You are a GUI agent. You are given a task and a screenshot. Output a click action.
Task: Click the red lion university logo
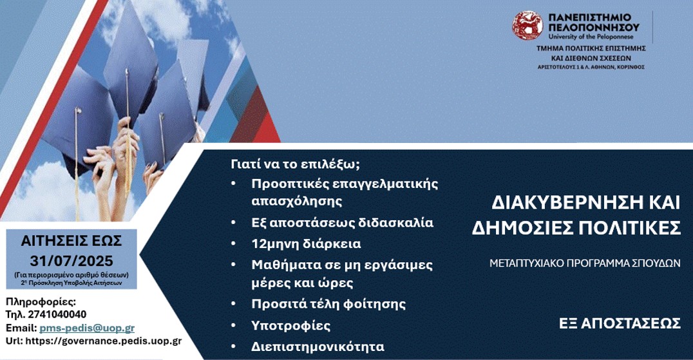[x=527, y=26]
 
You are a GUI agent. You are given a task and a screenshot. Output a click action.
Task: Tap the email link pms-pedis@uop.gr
[x=87, y=328]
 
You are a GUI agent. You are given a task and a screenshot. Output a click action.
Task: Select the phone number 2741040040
[x=57, y=314]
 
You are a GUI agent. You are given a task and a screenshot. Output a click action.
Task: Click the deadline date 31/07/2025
[x=71, y=261]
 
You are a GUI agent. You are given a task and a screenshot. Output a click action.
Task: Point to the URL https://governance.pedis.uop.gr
[x=104, y=341]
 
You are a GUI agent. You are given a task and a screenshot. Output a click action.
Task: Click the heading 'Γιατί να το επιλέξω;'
[x=295, y=164]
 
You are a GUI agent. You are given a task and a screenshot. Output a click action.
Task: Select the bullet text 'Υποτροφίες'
[x=291, y=326]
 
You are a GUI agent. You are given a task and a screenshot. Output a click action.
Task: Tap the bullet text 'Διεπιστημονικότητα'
[x=318, y=346]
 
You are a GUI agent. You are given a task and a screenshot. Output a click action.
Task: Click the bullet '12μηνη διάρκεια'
[x=306, y=244]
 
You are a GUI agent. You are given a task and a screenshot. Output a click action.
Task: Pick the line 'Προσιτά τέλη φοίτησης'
[x=328, y=304]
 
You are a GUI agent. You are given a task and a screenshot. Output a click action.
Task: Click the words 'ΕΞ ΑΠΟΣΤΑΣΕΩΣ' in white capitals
[x=620, y=324]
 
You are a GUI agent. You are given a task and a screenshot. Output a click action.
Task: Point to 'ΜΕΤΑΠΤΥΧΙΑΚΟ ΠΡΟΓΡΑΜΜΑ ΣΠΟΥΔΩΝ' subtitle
[x=585, y=263]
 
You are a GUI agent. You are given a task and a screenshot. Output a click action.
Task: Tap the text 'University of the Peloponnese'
[x=591, y=37]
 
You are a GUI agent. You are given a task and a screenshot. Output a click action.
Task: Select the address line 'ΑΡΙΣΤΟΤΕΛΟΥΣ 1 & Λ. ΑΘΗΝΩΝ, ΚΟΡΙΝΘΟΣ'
[x=591, y=67]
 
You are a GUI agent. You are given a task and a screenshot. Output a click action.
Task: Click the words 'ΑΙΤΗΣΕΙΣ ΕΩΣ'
[x=71, y=241]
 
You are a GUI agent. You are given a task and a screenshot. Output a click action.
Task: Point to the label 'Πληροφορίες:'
[x=41, y=302]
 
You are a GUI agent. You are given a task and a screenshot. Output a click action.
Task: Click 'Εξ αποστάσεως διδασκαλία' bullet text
[x=342, y=223]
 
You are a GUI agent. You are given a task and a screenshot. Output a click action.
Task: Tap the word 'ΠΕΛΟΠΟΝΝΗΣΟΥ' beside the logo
[x=594, y=27]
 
